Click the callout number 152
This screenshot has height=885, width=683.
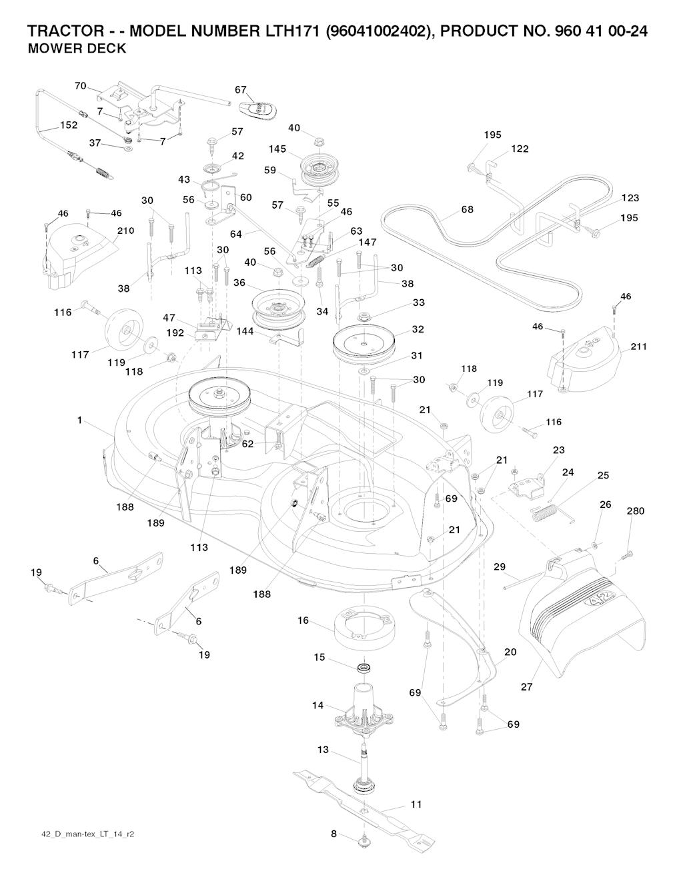click(68, 125)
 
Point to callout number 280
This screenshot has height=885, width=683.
click(636, 511)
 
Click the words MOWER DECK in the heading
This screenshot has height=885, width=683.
click(77, 49)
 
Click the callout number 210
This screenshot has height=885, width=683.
click(125, 231)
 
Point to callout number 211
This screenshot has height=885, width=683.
click(638, 347)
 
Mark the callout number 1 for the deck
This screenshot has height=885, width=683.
click(80, 420)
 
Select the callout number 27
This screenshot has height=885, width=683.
click(527, 686)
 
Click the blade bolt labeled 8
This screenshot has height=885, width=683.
click(364, 842)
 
